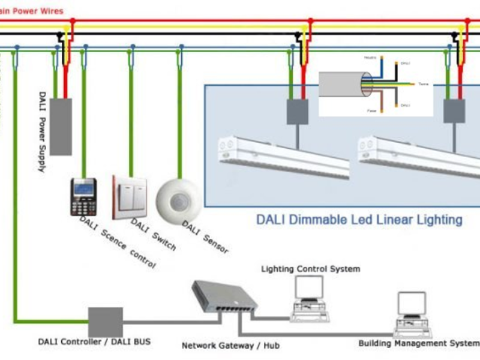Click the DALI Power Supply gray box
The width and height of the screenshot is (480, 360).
tap(60, 126)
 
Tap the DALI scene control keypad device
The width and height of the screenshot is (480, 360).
tap(83, 197)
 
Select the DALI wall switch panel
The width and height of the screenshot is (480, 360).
tap(130, 196)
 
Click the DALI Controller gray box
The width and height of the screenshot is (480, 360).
tap(106, 322)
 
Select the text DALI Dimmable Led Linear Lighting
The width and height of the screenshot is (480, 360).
tap(359, 220)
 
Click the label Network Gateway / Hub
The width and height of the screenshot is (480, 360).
tap(230, 346)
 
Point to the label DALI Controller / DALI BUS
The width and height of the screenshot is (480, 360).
tap(94, 342)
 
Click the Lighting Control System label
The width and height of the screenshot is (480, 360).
tap(310, 269)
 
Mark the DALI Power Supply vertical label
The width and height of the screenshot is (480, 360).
tap(43, 132)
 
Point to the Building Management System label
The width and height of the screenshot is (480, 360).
tap(418, 344)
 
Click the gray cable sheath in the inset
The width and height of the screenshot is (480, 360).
tap(339, 84)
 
